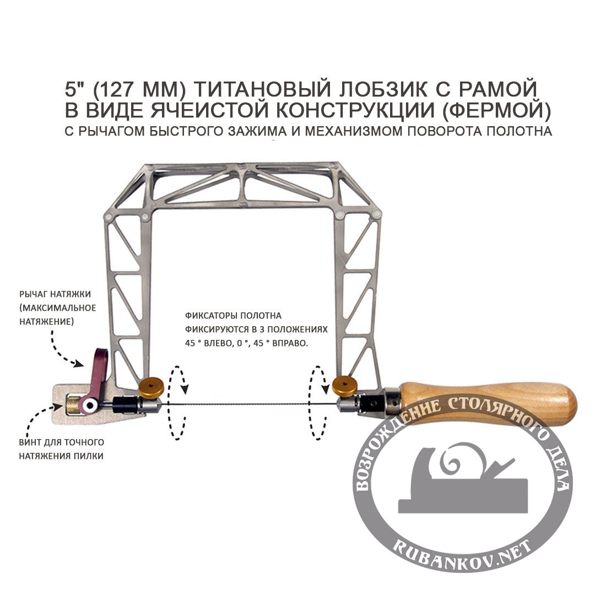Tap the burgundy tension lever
[98, 375]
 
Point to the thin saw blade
[248, 407]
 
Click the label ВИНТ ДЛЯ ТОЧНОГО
[61, 442]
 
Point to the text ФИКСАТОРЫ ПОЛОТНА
[234, 316]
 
